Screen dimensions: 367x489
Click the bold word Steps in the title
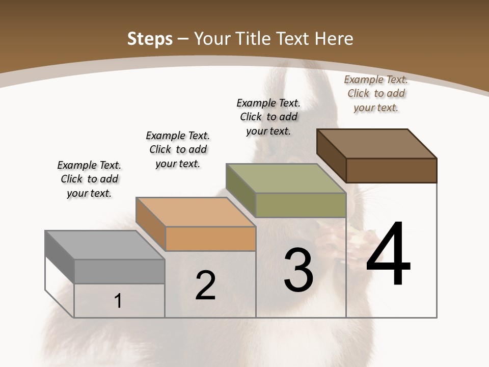(x=150, y=39)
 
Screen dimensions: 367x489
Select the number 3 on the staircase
(x=298, y=270)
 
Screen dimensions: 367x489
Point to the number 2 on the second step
(x=206, y=285)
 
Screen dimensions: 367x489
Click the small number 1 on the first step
(x=118, y=301)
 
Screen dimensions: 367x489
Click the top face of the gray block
(x=104, y=245)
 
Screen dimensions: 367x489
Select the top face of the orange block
(x=195, y=212)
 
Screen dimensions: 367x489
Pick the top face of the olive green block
(x=286, y=178)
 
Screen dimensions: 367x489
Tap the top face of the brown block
(x=377, y=144)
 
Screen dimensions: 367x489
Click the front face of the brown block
(x=391, y=170)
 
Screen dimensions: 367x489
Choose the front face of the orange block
(x=210, y=239)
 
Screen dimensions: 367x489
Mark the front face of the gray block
(x=119, y=271)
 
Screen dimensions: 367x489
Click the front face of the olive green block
(x=301, y=205)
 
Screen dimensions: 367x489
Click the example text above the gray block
(x=89, y=179)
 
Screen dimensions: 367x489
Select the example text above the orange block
(x=178, y=149)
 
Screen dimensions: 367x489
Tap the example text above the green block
(x=268, y=117)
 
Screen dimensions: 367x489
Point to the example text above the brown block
(x=376, y=93)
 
